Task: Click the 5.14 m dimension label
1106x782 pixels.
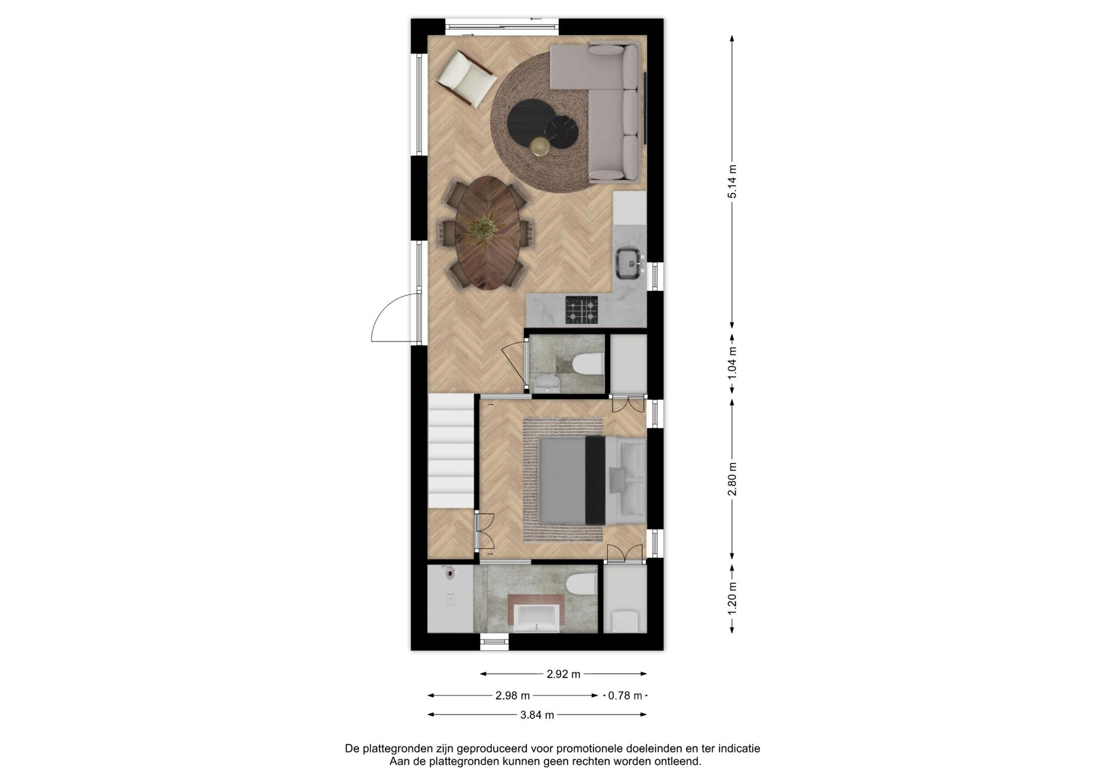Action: [x=732, y=181]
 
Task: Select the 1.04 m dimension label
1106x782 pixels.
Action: [x=732, y=363]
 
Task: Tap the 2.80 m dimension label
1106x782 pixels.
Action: [x=732, y=479]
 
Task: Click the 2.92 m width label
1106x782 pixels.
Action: [x=563, y=674]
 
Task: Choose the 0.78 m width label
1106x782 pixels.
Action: [x=625, y=696]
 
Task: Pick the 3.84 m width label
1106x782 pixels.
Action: [x=537, y=715]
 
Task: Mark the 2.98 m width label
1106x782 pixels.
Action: [x=513, y=696]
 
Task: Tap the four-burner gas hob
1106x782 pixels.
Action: [x=582, y=310]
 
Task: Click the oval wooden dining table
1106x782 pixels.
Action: [x=487, y=233]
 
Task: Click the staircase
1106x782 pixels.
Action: [x=451, y=451]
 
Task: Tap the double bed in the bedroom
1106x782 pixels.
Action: [x=591, y=480]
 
